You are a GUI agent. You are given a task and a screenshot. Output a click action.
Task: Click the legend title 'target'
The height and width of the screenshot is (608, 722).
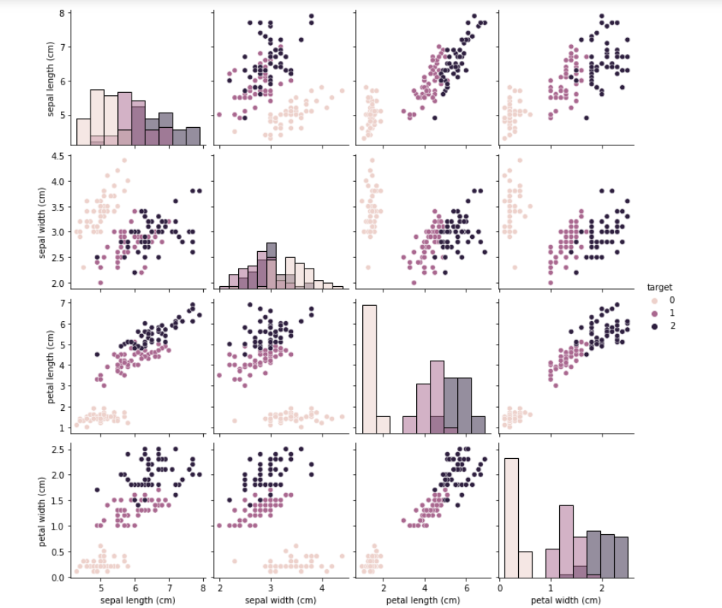(x=659, y=287)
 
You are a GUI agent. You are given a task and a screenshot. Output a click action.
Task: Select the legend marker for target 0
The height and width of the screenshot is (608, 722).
(x=654, y=300)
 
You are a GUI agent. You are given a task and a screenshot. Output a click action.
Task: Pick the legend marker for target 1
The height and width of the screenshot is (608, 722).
(x=654, y=313)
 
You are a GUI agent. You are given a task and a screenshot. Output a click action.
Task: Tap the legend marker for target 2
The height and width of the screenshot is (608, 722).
(x=654, y=326)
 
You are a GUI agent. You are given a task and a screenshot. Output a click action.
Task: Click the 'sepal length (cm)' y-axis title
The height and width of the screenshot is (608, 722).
(x=51, y=78)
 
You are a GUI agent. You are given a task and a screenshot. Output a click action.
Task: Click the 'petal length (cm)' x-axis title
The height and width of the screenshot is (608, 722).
(x=424, y=601)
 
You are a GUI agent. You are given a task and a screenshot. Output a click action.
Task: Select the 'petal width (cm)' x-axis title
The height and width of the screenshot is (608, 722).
(x=565, y=601)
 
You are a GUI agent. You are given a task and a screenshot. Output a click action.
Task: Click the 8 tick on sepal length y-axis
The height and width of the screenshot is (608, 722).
(x=64, y=12)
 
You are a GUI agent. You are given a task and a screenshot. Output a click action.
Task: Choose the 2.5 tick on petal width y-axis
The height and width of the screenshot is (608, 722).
(x=60, y=447)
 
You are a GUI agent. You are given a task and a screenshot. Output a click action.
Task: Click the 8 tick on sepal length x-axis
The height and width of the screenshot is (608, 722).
(x=203, y=588)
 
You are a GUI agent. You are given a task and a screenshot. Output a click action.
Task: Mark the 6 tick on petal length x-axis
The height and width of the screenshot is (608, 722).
(x=465, y=588)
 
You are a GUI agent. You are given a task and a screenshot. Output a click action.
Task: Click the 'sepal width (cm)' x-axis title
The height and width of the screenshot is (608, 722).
(x=281, y=601)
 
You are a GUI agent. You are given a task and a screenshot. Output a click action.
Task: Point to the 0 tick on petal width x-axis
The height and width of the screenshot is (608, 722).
(x=500, y=588)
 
